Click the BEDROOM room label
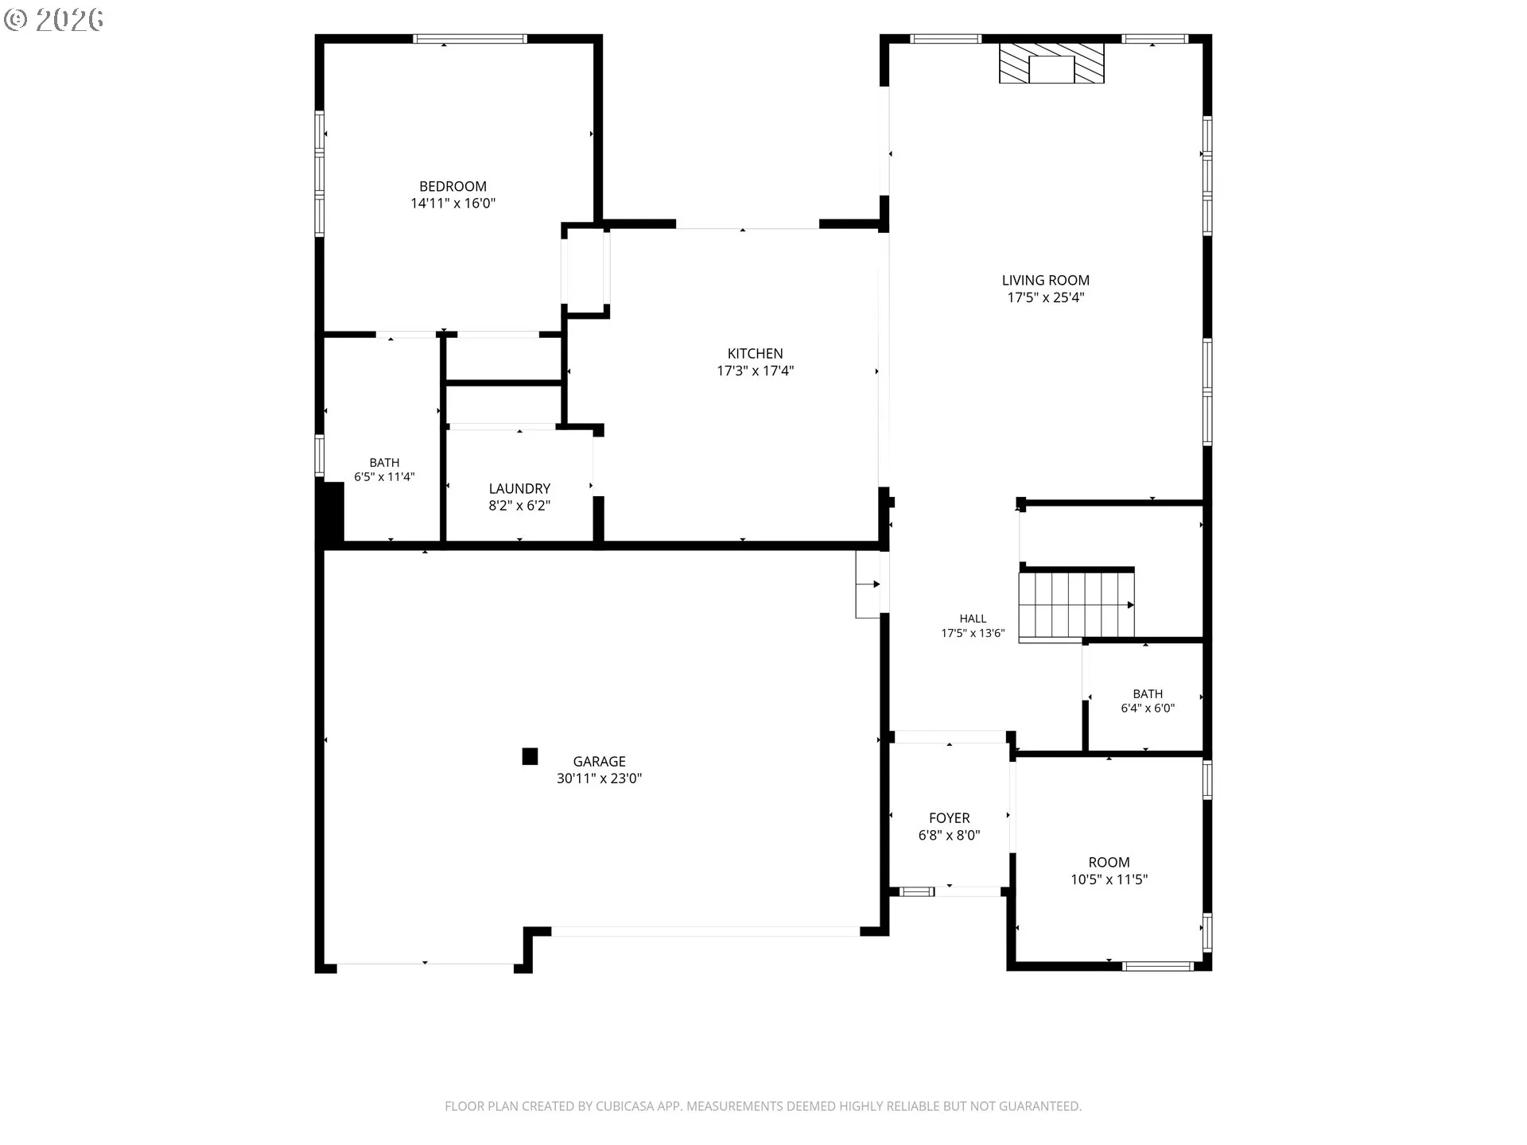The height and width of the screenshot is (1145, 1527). coord(453,187)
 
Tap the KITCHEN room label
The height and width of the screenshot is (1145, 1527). coord(755,354)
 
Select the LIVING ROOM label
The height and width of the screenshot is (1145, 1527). coord(1045,281)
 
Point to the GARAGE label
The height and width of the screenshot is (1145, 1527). coord(599,762)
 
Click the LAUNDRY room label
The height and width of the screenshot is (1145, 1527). coord(519,489)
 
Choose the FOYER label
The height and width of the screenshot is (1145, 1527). coord(949,818)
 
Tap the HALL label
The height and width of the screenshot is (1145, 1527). coord(973,619)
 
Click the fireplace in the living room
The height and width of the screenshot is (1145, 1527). coord(1051,63)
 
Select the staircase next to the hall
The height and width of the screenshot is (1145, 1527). coord(1077,604)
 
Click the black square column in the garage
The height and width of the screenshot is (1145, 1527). coord(530,756)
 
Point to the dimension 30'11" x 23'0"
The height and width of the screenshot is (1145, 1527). coord(599,778)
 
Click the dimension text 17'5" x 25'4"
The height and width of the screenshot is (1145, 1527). coord(1045,297)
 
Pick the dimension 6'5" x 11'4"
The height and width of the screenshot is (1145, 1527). coord(384,477)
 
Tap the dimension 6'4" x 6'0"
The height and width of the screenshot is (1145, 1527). coord(1148,708)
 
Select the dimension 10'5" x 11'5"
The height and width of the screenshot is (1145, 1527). coord(1109,879)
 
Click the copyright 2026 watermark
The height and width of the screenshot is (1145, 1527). coord(54,20)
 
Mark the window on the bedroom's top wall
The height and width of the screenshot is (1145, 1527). coord(470,39)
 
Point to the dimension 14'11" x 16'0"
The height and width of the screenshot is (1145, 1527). coord(453,204)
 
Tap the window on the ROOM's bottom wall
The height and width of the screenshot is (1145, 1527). coord(1158,966)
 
